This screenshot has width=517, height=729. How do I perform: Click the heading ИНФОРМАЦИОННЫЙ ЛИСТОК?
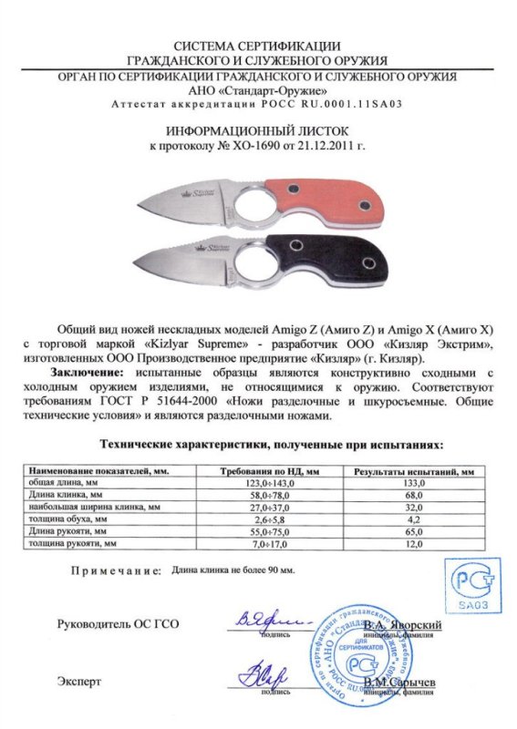[258, 130]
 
